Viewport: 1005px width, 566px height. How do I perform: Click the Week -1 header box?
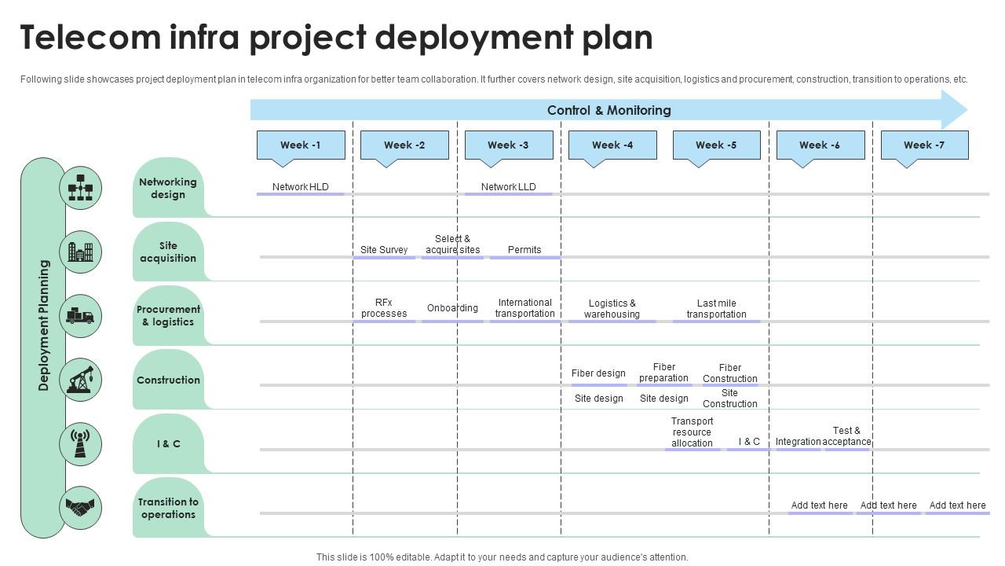(x=301, y=145)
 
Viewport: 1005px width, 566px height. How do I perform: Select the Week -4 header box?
(x=612, y=145)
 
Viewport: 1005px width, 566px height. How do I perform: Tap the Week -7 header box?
(x=924, y=145)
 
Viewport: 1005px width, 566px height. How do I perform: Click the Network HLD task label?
(x=301, y=187)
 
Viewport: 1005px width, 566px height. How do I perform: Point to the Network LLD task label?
(x=509, y=187)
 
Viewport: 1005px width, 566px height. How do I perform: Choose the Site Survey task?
(x=384, y=250)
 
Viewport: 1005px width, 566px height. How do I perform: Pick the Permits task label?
(x=524, y=250)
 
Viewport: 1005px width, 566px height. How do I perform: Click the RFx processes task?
(x=384, y=308)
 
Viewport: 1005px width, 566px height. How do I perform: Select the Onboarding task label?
(x=452, y=308)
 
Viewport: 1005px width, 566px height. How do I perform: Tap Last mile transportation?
(x=716, y=309)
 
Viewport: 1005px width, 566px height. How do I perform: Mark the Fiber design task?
(x=598, y=373)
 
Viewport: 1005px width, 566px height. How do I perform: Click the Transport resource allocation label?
(x=692, y=432)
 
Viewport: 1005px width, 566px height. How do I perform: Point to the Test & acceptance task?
(x=846, y=436)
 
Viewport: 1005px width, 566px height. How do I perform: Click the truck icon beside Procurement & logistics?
(x=80, y=316)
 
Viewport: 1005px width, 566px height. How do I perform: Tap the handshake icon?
(x=80, y=508)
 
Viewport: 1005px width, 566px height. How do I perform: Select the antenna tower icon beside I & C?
(x=80, y=443)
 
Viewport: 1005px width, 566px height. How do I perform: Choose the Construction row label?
(x=168, y=380)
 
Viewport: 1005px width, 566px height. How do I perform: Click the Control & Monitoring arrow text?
(x=608, y=111)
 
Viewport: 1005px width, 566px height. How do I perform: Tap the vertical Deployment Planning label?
(x=44, y=325)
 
